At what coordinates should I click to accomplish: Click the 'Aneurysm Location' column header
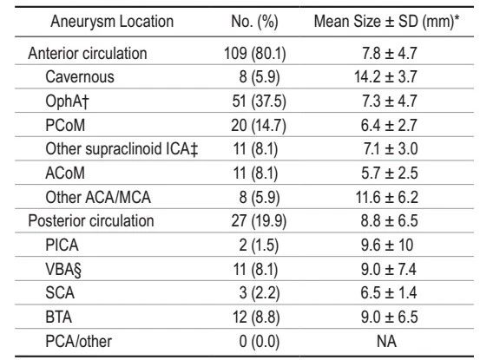coord(112,22)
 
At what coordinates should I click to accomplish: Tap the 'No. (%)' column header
coord(254,22)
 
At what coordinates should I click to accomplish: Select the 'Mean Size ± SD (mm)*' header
coord(386,22)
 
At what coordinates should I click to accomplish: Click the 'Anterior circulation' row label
coord(88,54)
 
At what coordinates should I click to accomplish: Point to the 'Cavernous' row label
coord(80,77)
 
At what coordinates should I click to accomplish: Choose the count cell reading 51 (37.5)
coord(259,101)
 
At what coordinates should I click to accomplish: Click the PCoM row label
coord(65,125)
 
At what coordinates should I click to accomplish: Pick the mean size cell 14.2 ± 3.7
coord(385,77)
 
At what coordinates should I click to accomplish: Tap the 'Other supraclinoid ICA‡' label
coord(122,149)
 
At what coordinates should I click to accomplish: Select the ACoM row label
coord(65,173)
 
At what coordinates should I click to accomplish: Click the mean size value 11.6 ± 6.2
coord(386,197)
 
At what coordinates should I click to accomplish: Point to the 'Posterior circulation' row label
coord(91,221)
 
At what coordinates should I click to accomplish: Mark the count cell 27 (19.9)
coord(259,221)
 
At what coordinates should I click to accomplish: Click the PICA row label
coord(62,245)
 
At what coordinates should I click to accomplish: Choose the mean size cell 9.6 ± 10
coord(387,245)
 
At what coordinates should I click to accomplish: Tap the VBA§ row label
coord(63,270)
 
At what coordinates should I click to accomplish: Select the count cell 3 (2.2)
coord(260,293)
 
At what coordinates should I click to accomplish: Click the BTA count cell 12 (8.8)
coord(257,317)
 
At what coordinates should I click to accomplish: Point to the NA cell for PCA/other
coord(386,341)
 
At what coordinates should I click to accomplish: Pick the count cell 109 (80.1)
coord(255,54)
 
